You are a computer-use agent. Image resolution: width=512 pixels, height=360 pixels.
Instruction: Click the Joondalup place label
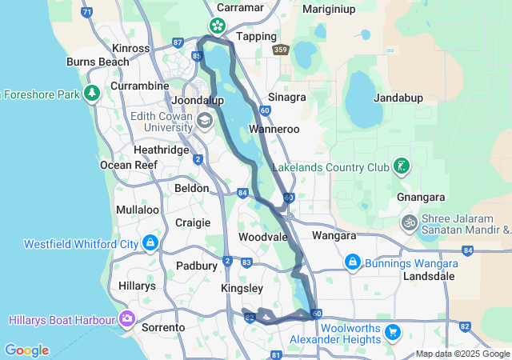click(198, 100)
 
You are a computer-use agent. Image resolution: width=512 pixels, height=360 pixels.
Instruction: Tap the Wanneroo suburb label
click(274, 129)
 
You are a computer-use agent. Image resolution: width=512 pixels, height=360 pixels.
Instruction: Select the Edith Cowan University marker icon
click(204, 121)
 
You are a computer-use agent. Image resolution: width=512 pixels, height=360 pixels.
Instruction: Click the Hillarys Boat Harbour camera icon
click(127, 320)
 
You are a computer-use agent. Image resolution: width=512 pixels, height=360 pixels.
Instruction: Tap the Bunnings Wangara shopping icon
click(353, 262)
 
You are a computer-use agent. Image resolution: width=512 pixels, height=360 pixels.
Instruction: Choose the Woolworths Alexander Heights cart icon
click(392, 332)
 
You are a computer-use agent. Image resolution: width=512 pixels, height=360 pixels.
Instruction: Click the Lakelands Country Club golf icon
click(402, 167)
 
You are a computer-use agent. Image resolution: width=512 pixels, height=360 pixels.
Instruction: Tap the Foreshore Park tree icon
click(92, 94)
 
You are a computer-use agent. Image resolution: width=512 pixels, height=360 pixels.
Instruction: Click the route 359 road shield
click(280, 50)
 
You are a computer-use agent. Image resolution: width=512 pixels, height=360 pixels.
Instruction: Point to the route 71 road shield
click(86, 13)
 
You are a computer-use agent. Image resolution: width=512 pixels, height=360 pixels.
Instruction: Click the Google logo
click(26, 350)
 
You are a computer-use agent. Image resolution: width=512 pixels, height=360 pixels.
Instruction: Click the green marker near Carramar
click(218, 26)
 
